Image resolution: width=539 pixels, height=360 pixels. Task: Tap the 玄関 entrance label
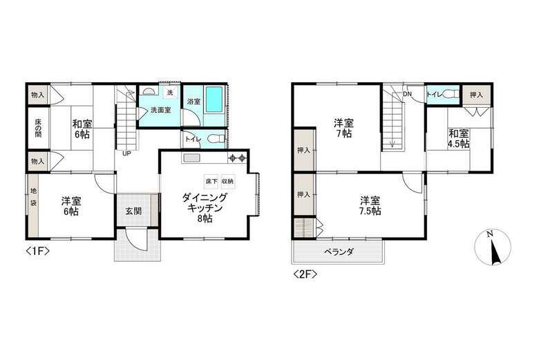(x=133, y=211)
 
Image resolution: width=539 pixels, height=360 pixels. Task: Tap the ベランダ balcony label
(x=339, y=252)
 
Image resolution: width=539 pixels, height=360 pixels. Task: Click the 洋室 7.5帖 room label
(x=368, y=207)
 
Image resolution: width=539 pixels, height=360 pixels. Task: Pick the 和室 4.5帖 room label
(x=458, y=138)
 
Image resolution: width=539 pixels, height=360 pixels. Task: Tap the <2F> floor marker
(x=305, y=274)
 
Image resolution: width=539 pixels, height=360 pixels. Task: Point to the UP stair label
(x=127, y=153)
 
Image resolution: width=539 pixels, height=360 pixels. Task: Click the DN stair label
(x=408, y=93)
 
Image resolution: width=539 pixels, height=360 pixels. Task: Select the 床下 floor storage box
(x=211, y=181)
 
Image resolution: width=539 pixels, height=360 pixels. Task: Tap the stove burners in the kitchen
(x=238, y=158)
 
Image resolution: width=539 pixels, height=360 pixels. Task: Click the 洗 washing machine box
(x=169, y=93)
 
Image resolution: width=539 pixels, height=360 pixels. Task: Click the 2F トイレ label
(x=435, y=93)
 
